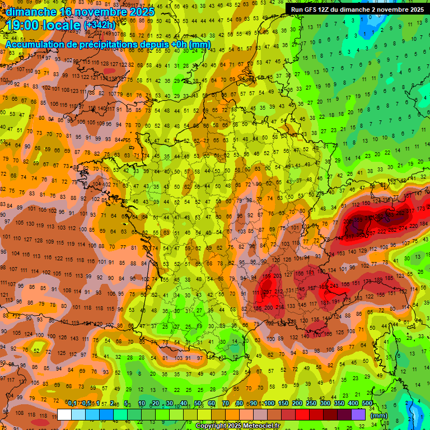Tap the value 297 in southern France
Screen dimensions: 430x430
coord(268,292)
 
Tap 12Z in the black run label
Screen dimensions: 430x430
coord(329,10)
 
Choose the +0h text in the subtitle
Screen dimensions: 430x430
coord(177,44)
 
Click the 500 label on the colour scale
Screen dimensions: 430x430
coord(367,404)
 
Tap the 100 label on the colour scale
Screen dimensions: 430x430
coord(269,404)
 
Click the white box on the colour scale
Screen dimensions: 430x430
coord(64,414)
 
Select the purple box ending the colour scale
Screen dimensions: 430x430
coord(358,414)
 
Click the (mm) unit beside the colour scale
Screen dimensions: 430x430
coord(379,415)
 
